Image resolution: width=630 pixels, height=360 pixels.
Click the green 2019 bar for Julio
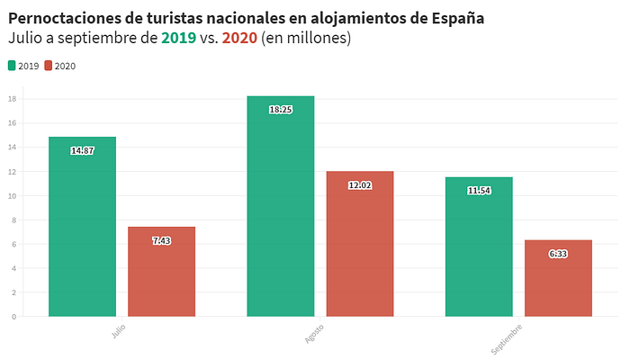pos(82,234)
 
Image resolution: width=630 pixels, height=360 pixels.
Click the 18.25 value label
pos(280,110)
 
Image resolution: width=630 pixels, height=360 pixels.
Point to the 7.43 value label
pos(161,241)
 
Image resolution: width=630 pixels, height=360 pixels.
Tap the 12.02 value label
pos(359,185)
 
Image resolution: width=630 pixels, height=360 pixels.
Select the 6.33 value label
pos(558,255)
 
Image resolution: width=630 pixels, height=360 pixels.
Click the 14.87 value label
pos(82,150)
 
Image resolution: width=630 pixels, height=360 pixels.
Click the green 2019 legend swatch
pos(12,66)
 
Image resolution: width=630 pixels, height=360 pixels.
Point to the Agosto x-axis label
pos(315,332)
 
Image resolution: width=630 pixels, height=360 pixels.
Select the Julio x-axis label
pos(119,330)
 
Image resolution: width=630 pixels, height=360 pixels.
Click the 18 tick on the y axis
pos(13,98)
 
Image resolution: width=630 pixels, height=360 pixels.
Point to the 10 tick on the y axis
pos(13,195)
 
